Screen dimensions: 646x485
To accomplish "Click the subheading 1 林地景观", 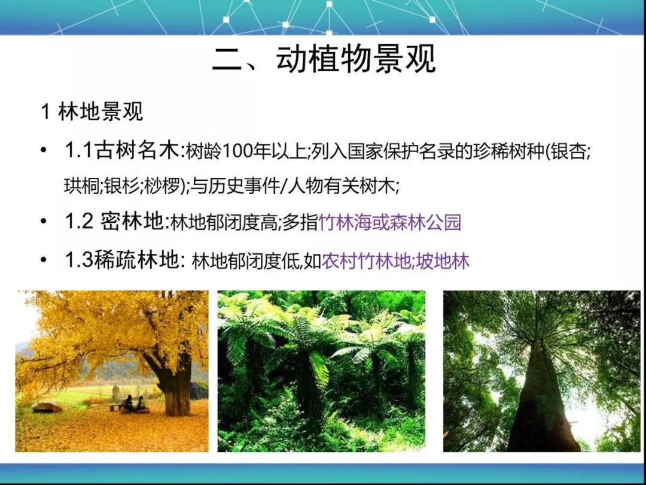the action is coord(92,112).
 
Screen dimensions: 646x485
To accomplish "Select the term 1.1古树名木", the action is coord(123,151).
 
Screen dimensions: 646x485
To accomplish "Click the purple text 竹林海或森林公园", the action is coord(390,222).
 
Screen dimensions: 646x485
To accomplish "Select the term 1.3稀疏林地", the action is coord(122,260).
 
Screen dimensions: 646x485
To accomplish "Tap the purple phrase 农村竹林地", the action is coord(366,262).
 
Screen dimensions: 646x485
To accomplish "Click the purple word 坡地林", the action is coord(443,262).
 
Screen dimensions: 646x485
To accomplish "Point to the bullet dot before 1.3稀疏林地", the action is coord(44,260).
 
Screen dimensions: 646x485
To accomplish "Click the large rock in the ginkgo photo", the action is coord(47,407).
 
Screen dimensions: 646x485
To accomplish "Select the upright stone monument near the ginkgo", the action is coord(116,394).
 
